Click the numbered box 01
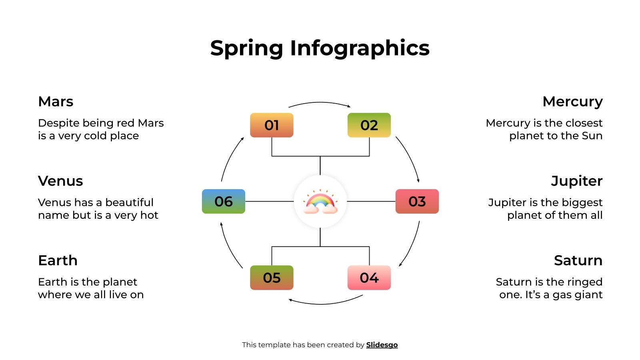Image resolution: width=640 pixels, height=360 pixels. coord(272,125)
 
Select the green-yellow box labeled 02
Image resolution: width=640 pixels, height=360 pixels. coord(369,125)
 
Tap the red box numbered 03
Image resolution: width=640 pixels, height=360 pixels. coord(417,201)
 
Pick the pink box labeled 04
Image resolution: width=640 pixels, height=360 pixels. coord(369,278)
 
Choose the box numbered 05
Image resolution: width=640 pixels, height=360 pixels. coord(272,278)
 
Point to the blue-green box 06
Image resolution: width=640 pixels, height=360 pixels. coord(223,201)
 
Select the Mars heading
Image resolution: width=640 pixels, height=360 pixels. coord(56,102)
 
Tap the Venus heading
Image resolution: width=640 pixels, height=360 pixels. coord(60,181)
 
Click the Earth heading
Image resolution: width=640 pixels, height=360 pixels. coord(58,260)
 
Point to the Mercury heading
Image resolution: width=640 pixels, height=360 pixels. coord(572,102)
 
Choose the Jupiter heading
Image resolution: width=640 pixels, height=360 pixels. coord(576,181)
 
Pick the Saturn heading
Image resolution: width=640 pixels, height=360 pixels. coord(578,260)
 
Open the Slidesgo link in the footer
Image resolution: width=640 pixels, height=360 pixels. coord(382,345)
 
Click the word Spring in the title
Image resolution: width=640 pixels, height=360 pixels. coord(246,48)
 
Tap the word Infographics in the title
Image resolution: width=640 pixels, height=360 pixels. coord(360,48)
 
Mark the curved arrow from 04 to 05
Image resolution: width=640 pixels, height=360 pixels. coord(324,303)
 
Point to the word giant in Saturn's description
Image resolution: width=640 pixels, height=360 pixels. coord(589,295)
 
